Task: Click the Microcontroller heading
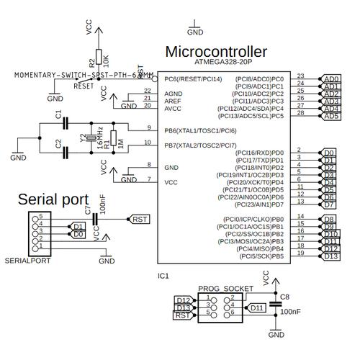216,52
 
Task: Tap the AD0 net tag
330,78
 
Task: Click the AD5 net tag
330,116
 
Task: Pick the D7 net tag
329,205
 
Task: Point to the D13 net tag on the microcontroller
330,256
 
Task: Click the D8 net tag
329,219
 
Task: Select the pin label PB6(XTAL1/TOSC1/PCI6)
200,131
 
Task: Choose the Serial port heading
53,199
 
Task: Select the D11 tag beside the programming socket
256,307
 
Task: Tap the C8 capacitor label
284,297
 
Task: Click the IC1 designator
163,276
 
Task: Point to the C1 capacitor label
58,114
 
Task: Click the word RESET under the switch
84,85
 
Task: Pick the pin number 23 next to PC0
300,76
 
